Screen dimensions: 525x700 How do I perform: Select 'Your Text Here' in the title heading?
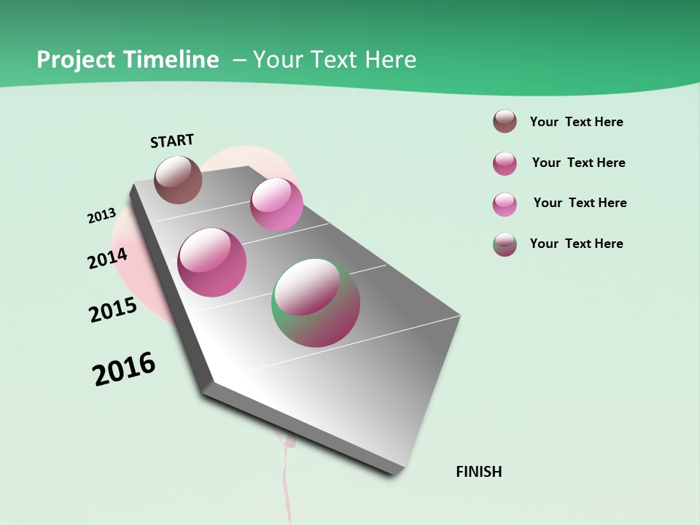point(335,60)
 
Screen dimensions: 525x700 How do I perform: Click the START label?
point(172,141)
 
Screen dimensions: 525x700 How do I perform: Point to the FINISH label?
point(478,472)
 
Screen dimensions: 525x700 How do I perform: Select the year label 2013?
point(101,216)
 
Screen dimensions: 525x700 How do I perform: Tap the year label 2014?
point(107,258)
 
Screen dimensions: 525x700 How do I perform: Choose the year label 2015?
point(112,310)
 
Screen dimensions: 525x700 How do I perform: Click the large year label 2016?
point(124,369)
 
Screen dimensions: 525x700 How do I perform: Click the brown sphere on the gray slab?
point(178,179)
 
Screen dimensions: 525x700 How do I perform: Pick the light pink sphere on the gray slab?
point(276,203)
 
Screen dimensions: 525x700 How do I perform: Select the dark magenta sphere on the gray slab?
point(212,262)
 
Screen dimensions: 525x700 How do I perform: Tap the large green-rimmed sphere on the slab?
point(316,303)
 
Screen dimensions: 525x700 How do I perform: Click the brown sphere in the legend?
point(505,122)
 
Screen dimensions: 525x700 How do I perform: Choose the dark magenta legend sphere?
point(505,163)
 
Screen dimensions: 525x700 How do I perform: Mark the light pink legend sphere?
point(505,204)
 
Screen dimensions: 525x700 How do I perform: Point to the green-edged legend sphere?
point(505,244)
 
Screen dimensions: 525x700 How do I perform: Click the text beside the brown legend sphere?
point(576,122)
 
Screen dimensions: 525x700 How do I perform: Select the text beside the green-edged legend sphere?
point(576,244)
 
